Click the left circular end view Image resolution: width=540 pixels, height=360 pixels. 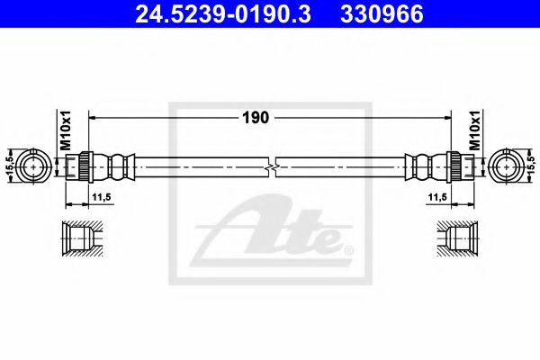(x=36, y=166)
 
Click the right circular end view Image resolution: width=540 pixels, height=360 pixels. (x=506, y=166)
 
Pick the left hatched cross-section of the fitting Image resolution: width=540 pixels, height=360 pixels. (x=80, y=239)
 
